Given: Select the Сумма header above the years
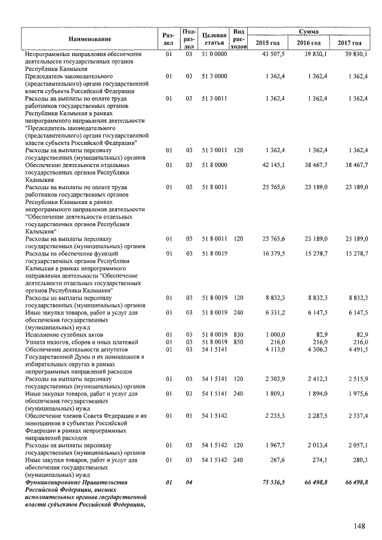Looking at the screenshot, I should tap(309, 31).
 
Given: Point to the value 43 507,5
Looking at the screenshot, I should tap(274, 54).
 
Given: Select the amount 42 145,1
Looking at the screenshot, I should tap(274, 165).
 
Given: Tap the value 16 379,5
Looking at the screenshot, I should tap(274, 254).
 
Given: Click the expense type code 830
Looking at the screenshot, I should tap(239, 335).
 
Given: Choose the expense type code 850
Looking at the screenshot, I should tap(239, 342).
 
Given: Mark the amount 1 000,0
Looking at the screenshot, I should tap(275, 335).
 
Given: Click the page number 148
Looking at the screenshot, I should tap(358, 526).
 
